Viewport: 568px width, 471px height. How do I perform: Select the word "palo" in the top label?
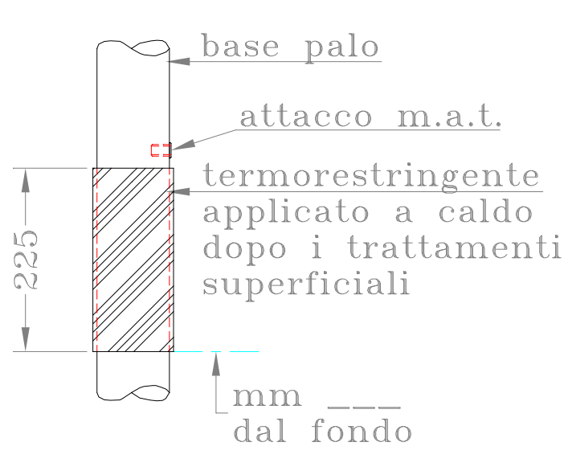pos(342,49)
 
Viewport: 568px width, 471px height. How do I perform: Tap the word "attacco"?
pos(306,117)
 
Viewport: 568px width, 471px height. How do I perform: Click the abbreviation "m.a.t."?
pos(449,117)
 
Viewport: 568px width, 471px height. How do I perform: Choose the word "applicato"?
pos(286,214)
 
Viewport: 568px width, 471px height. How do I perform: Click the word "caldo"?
pos(485,211)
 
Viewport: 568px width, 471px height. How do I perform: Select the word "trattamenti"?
pos(454,247)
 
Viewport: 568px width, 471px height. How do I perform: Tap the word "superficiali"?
pos(306,285)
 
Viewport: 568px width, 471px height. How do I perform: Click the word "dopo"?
pos(244,249)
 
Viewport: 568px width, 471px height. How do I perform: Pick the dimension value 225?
pos(26,260)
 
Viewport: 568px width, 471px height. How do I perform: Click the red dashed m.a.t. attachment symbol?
pos(161,150)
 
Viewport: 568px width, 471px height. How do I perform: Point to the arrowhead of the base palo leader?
pos(178,61)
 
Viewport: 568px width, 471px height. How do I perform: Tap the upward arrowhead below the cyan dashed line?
pos(216,364)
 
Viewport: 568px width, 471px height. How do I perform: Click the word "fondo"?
pos(362,430)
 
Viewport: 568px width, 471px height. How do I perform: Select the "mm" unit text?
pos(267,397)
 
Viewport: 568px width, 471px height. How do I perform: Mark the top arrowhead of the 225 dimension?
pos(26,180)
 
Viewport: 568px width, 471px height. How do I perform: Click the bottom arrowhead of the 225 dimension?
pos(26,339)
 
